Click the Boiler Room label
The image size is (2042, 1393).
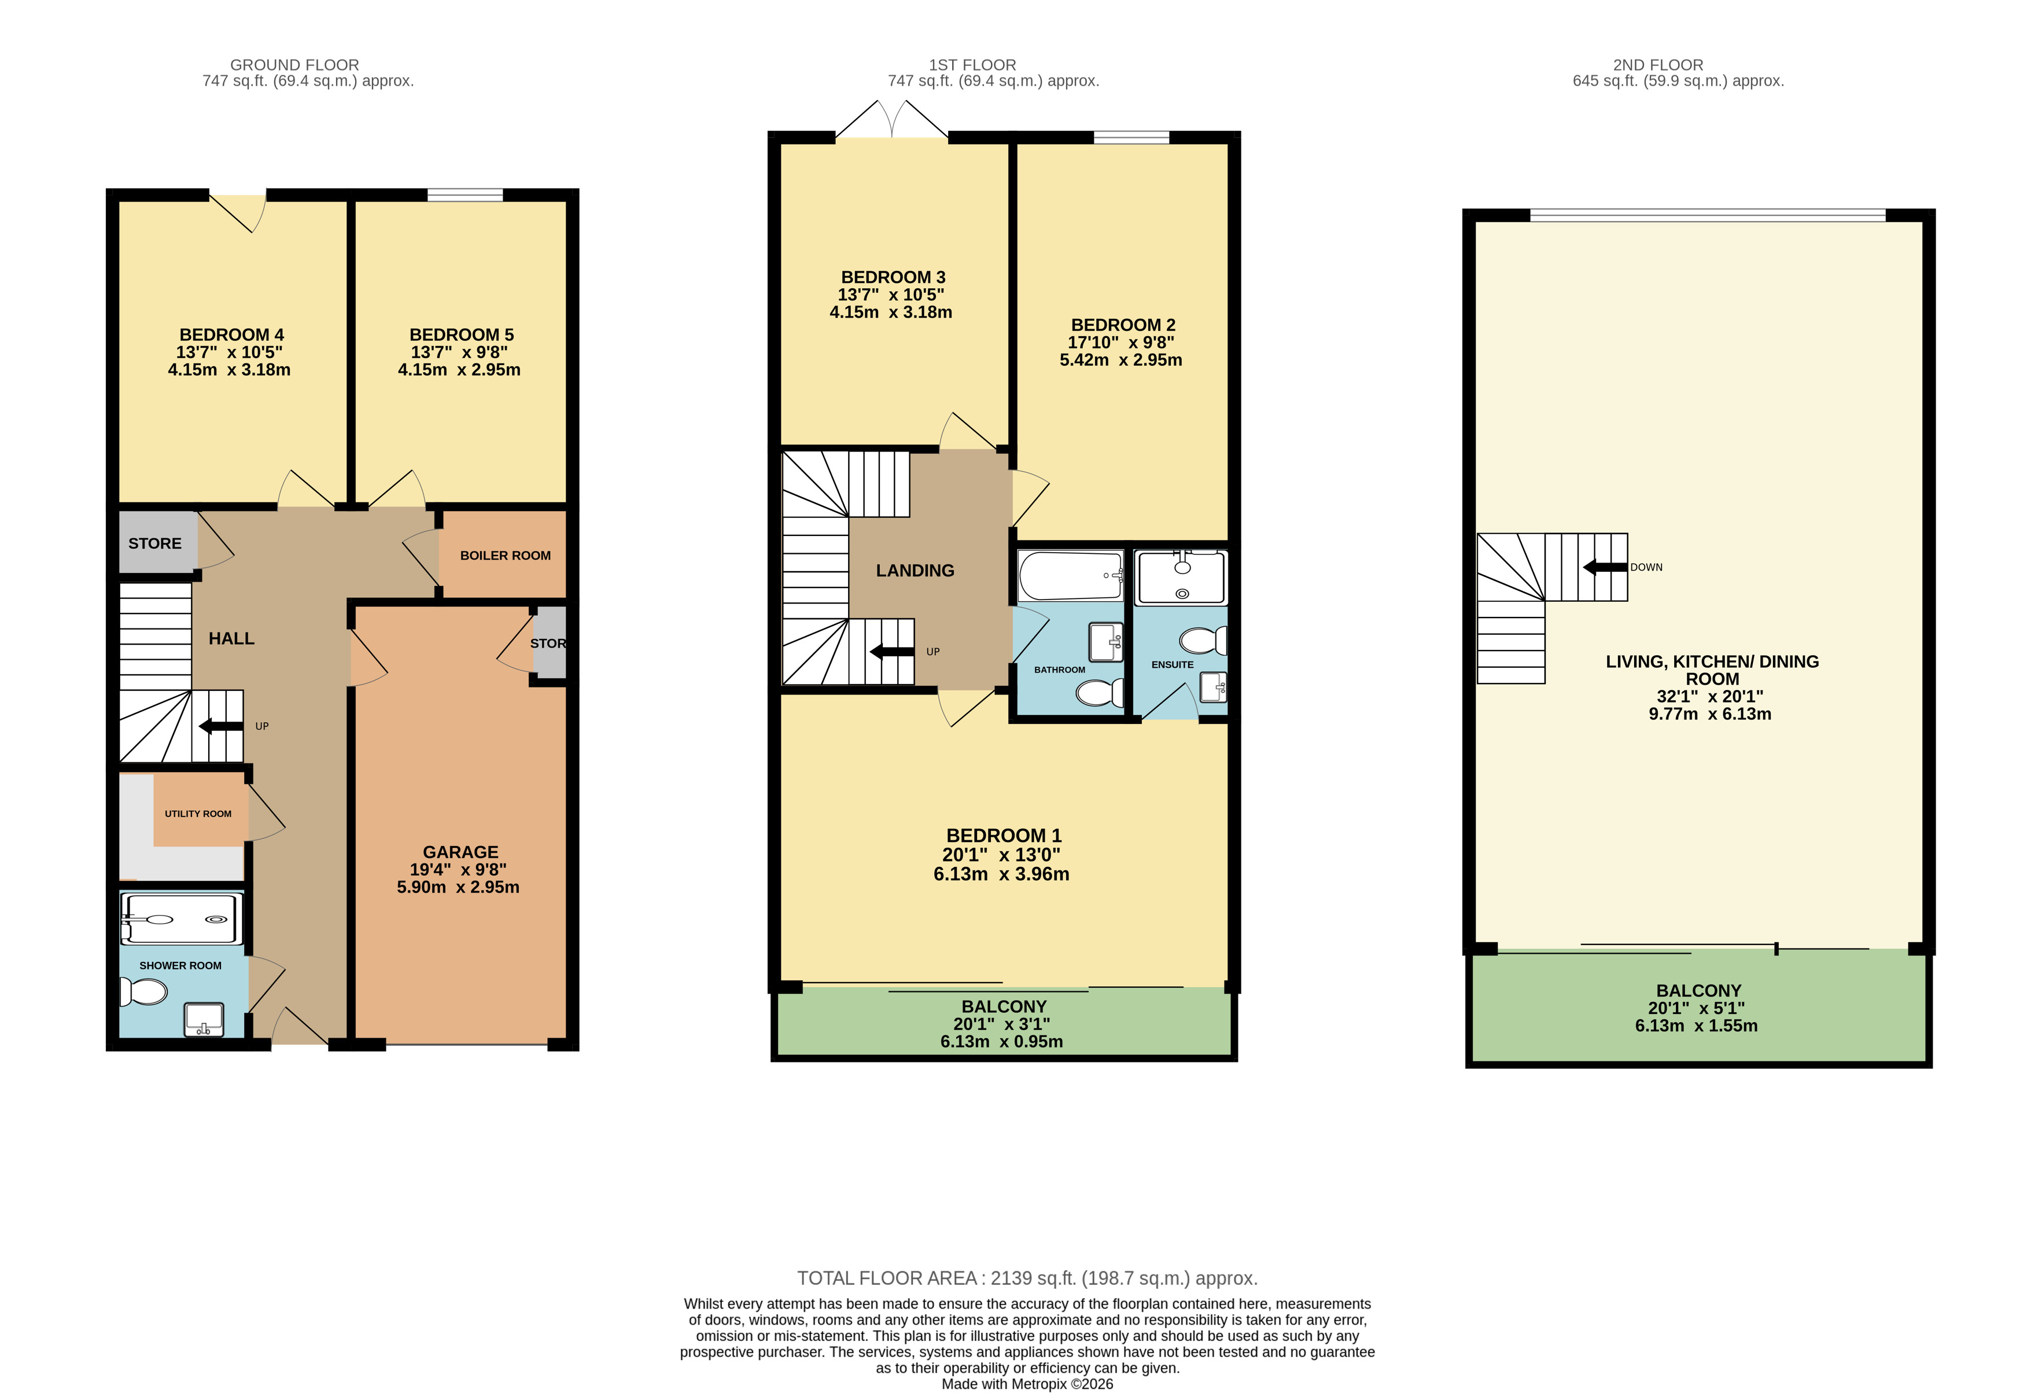(x=505, y=556)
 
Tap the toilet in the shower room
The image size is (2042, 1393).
(x=143, y=993)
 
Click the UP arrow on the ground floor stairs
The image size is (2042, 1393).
(x=220, y=726)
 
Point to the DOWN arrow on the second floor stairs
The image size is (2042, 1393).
(x=1605, y=567)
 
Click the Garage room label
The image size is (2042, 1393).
(x=460, y=852)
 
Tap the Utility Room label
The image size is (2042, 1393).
(x=198, y=814)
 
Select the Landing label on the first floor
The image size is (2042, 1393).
(x=915, y=571)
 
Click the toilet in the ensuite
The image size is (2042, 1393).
(x=1203, y=641)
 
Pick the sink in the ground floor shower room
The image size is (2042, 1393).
(x=203, y=1020)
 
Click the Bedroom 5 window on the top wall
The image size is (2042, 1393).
(x=465, y=194)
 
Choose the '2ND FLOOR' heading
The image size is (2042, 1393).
(x=1658, y=65)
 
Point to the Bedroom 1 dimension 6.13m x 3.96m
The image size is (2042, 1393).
(x=1002, y=874)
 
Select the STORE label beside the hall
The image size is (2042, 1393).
(x=154, y=543)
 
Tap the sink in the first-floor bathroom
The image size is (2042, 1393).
(x=1105, y=642)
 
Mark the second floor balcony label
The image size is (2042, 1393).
(x=1698, y=990)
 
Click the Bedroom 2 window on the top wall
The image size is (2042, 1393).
(x=1131, y=137)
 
